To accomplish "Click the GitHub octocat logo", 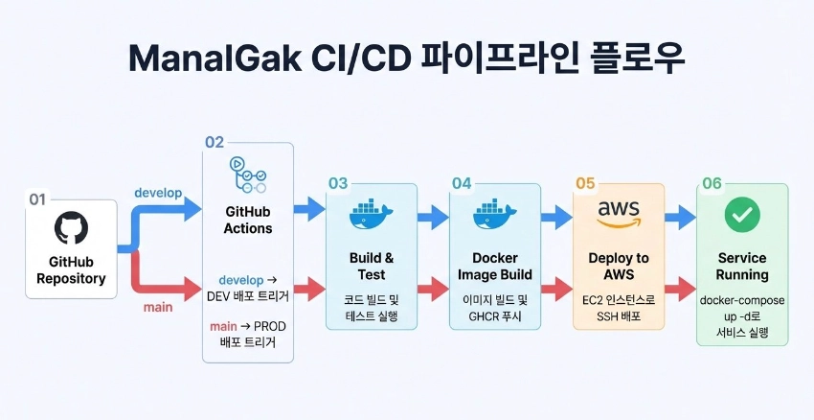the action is click(x=71, y=227).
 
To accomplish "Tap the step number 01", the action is click(x=37, y=199).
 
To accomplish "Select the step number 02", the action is click(x=215, y=142).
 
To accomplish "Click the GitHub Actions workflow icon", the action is click(x=248, y=175).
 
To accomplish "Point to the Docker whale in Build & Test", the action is click(x=372, y=213).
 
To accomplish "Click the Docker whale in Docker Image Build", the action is click(x=495, y=213).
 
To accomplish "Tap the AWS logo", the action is click(x=619, y=214).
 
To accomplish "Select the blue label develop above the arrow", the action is click(x=158, y=193).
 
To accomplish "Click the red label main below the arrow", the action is click(x=158, y=307).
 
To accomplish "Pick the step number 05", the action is click(x=585, y=183).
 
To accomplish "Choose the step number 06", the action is click(x=712, y=183).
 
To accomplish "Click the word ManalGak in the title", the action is click(x=215, y=58).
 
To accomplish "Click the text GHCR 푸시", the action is click(x=495, y=316).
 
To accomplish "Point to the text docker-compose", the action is click(x=742, y=300).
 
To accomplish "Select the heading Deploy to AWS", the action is click(x=619, y=267).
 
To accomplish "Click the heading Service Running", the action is click(x=742, y=267).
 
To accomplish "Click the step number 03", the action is click(x=338, y=183).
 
